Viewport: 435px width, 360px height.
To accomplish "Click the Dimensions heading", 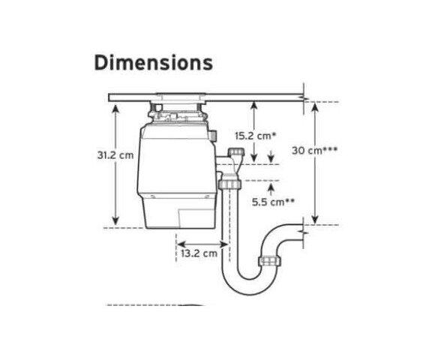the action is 154,63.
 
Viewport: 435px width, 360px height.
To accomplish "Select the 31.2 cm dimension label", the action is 115,155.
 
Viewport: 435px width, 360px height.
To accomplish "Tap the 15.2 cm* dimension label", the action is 256,136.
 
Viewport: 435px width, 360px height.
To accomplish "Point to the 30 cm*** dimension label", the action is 314,151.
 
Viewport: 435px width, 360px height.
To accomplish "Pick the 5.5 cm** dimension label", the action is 272,202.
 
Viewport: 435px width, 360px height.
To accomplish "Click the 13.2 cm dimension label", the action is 199,253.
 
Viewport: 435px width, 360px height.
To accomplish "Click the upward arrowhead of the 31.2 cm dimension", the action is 115,109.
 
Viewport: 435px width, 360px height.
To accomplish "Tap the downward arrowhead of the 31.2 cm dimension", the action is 115,220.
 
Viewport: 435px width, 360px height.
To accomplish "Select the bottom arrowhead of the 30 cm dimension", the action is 314,220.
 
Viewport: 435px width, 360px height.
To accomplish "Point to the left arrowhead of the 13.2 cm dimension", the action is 181,244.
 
